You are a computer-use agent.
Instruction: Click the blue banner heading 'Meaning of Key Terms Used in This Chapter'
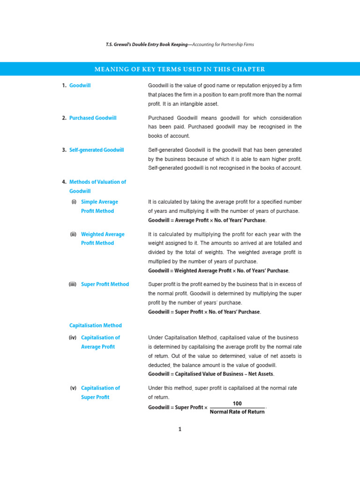click(180, 69)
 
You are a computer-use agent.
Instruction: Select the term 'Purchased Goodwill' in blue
click(93, 118)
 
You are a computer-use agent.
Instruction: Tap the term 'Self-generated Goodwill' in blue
click(97, 150)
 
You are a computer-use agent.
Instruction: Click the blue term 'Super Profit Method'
click(105, 284)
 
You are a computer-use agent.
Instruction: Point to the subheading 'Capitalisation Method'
click(96, 325)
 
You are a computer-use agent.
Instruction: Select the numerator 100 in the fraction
click(237, 404)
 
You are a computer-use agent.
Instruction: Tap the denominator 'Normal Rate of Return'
click(237, 412)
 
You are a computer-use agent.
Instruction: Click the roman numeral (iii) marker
click(73, 284)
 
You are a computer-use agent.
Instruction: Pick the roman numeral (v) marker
click(73, 388)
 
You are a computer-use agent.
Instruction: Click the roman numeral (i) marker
click(74, 202)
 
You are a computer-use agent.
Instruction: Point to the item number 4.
click(64, 182)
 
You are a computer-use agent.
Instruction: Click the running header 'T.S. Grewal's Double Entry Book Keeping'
click(145, 45)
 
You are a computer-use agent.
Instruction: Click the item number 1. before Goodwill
click(64, 86)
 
